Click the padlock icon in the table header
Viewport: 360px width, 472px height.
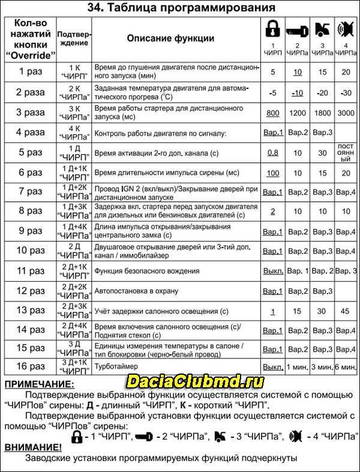pyautogui.click(x=272, y=31)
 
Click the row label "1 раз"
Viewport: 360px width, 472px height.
pyautogui.click(x=29, y=72)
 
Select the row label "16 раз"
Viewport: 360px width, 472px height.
pyautogui.click(x=29, y=366)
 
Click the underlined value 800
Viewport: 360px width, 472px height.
pyautogui.click(x=273, y=112)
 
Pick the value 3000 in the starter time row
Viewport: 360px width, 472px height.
pyautogui.click(x=345, y=112)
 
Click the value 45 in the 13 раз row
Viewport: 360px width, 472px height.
pyautogui.click(x=345, y=312)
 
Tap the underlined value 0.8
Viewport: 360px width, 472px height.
pyautogui.click(x=273, y=153)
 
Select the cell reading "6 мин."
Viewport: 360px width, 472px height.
pyautogui.click(x=345, y=366)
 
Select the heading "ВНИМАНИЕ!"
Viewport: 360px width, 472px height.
pyautogui.click(x=33, y=447)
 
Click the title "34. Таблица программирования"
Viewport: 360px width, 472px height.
pyautogui.click(x=180, y=8)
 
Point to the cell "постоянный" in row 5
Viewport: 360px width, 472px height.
pyautogui.click(x=345, y=153)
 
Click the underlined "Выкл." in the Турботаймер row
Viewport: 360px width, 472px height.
pyautogui.click(x=273, y=366)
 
